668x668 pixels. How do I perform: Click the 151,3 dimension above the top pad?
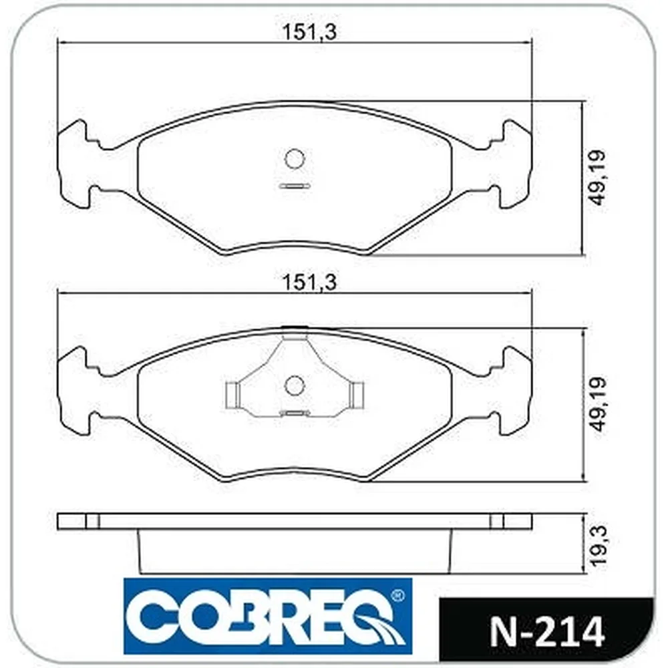click(x=310, y=32)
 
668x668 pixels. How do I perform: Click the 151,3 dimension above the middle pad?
click(x=310, y=283)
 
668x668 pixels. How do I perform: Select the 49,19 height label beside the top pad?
click(x=596, y=178)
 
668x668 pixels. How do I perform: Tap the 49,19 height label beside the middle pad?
click(x=596, y=404)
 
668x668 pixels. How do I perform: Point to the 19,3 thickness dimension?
click(x=597, y=545)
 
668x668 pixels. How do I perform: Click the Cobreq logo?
click(x=268, y=616)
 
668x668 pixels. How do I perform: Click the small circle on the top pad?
click(x=295, y=159)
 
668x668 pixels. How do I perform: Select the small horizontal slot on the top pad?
click(x=294, y=186)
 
